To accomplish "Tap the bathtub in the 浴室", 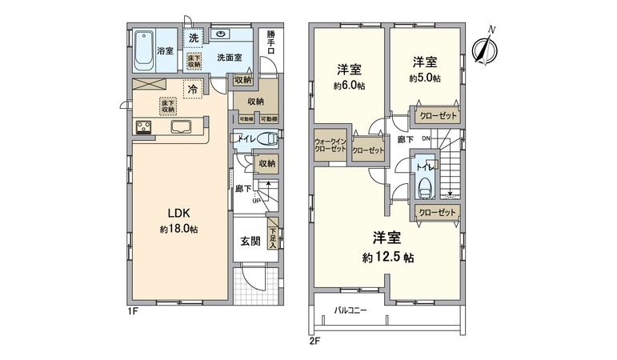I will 145,50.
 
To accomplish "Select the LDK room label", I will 178,214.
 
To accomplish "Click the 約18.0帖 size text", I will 178,230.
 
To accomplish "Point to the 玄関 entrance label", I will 249,242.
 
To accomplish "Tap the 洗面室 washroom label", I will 230,58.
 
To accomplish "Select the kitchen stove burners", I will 145,127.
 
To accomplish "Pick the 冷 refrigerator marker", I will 192,90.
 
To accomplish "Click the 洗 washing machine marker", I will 194,38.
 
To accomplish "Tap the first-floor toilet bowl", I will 267,138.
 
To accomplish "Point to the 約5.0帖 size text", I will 425,78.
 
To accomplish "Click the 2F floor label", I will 315,342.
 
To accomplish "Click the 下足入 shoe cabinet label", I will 272,234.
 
